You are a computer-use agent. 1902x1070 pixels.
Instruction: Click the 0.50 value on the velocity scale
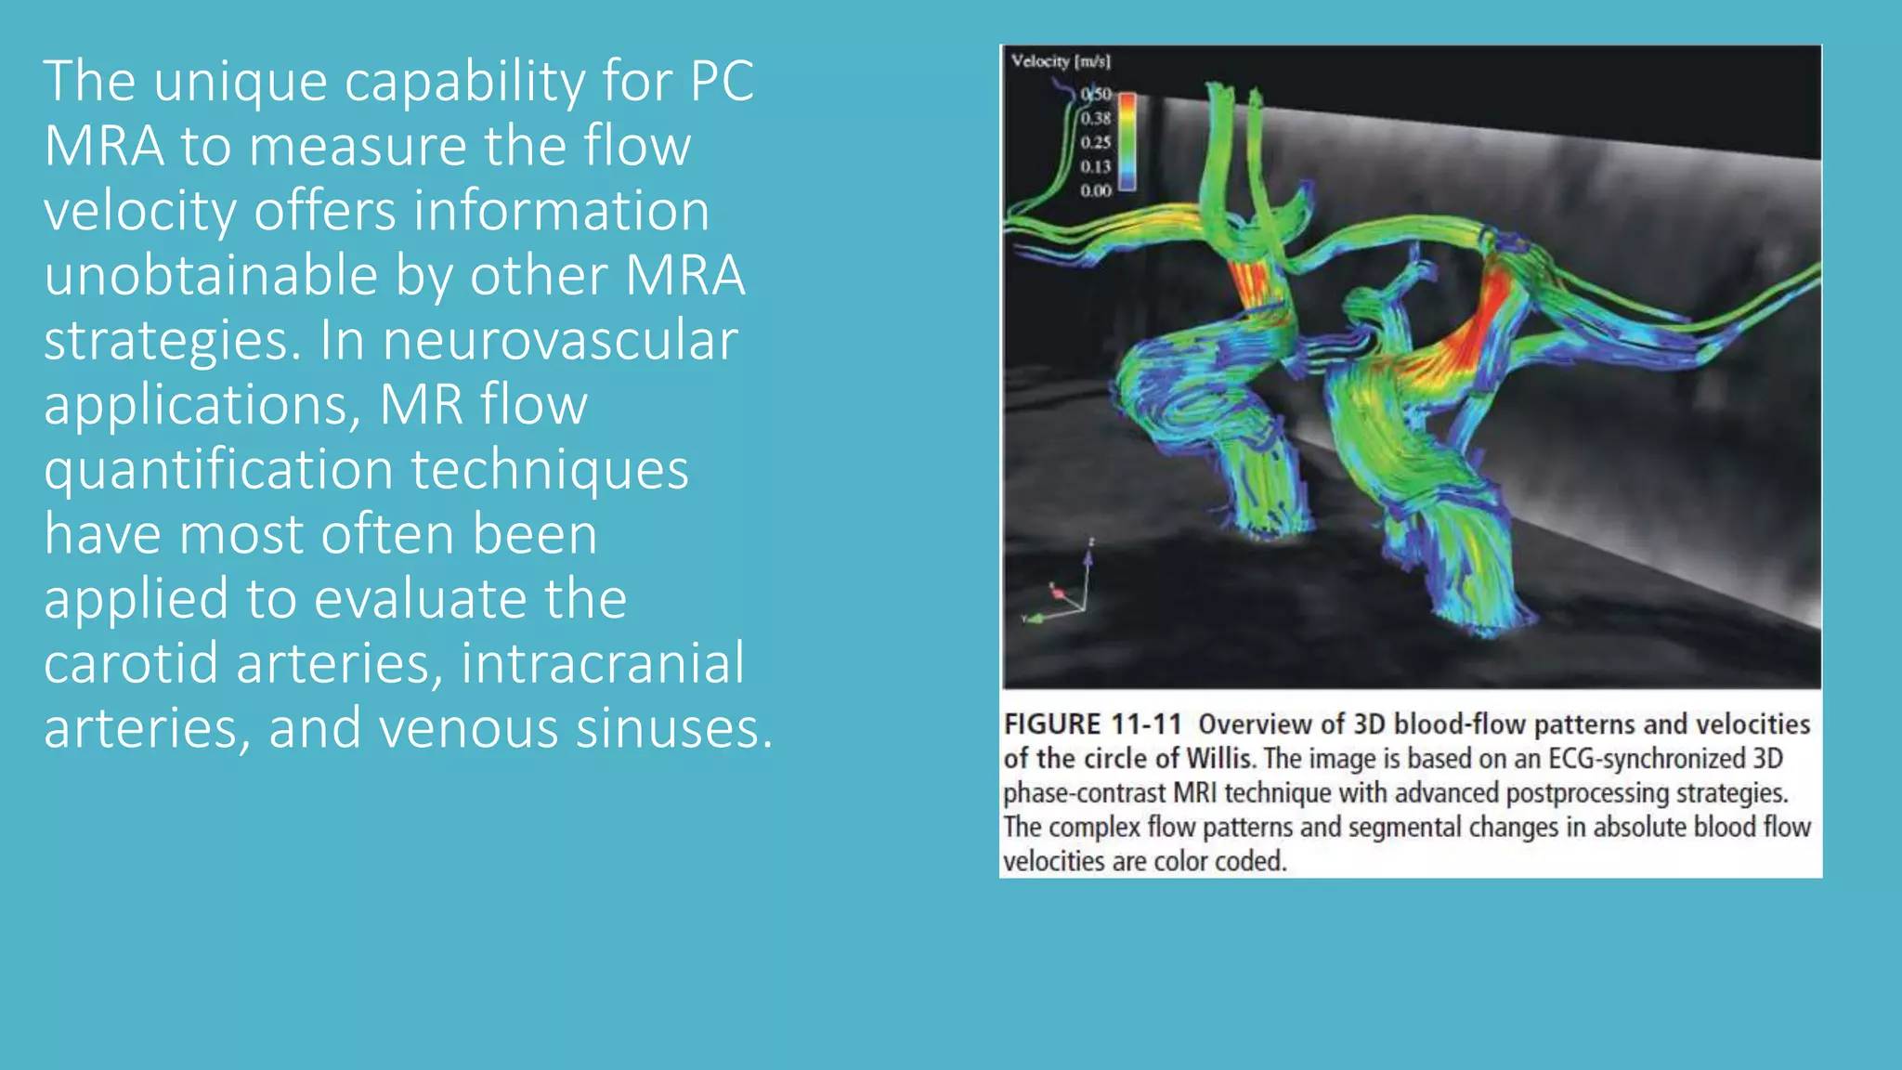(1096, 94)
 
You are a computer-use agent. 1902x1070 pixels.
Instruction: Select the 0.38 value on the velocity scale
(1096, 118)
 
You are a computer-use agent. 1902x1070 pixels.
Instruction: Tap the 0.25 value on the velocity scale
(1096, 142)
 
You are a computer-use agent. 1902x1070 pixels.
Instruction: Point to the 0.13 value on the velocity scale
(1096, 166)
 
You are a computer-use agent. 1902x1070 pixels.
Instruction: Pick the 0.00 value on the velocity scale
(1096, 190)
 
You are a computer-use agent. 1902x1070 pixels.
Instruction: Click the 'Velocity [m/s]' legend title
(1061, 61)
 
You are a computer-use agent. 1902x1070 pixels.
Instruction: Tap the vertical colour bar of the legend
(1127, 141)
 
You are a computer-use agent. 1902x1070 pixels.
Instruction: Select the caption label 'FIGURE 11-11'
(1092, 724)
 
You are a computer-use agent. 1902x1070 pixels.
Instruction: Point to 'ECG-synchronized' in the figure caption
(1647, 759)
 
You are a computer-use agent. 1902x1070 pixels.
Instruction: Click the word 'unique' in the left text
(240, 82)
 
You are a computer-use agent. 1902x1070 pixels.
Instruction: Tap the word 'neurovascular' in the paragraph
(560, 340)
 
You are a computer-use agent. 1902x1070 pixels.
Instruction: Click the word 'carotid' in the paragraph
(131, 663)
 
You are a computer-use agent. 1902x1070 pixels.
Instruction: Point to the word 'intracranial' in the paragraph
(603, 663)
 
